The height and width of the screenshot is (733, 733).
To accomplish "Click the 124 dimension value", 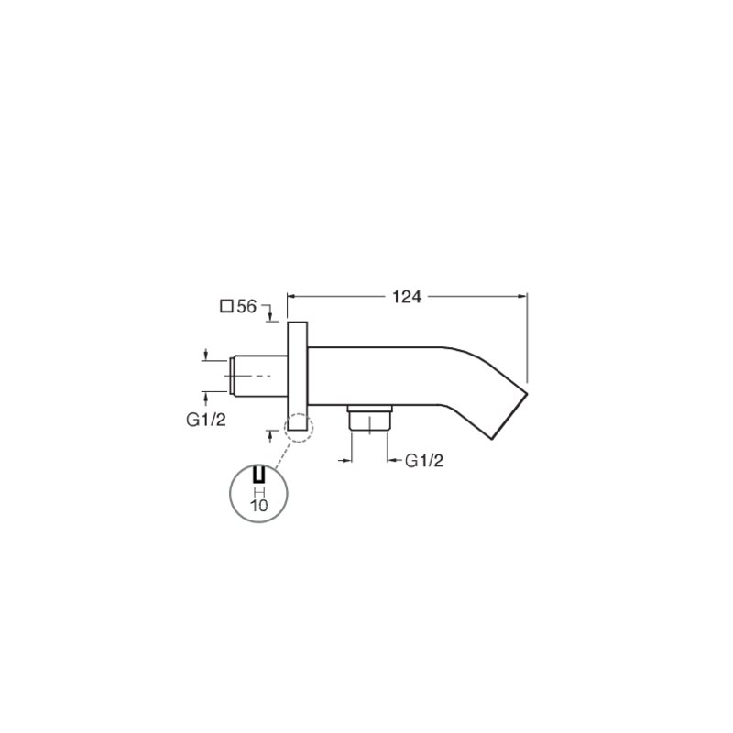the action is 406,297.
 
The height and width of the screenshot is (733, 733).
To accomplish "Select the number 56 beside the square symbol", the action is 246,307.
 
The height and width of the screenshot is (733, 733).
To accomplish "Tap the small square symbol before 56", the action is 226,307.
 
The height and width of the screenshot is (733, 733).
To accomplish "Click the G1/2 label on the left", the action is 205,420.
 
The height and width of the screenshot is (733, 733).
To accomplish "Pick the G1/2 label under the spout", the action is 423,461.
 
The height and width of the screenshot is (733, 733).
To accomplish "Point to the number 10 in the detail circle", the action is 259,506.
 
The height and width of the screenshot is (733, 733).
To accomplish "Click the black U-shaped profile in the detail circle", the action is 259,474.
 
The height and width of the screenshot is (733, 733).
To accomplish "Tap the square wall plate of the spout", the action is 297,377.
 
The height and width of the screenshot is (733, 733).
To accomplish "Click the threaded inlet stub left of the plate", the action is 258,377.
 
